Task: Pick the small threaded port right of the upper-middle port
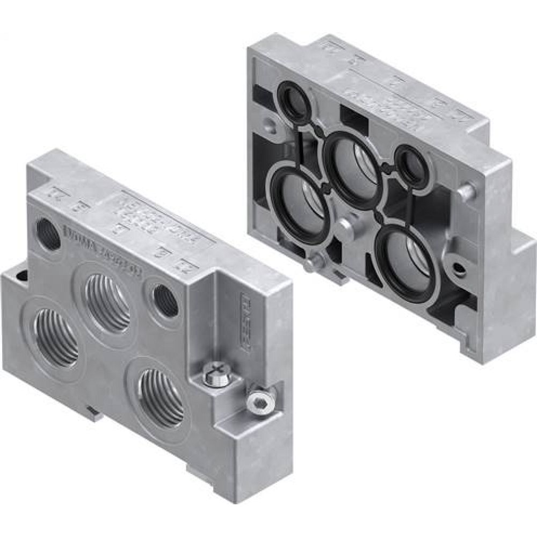point(165,301)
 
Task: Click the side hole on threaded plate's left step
point(21,277)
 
